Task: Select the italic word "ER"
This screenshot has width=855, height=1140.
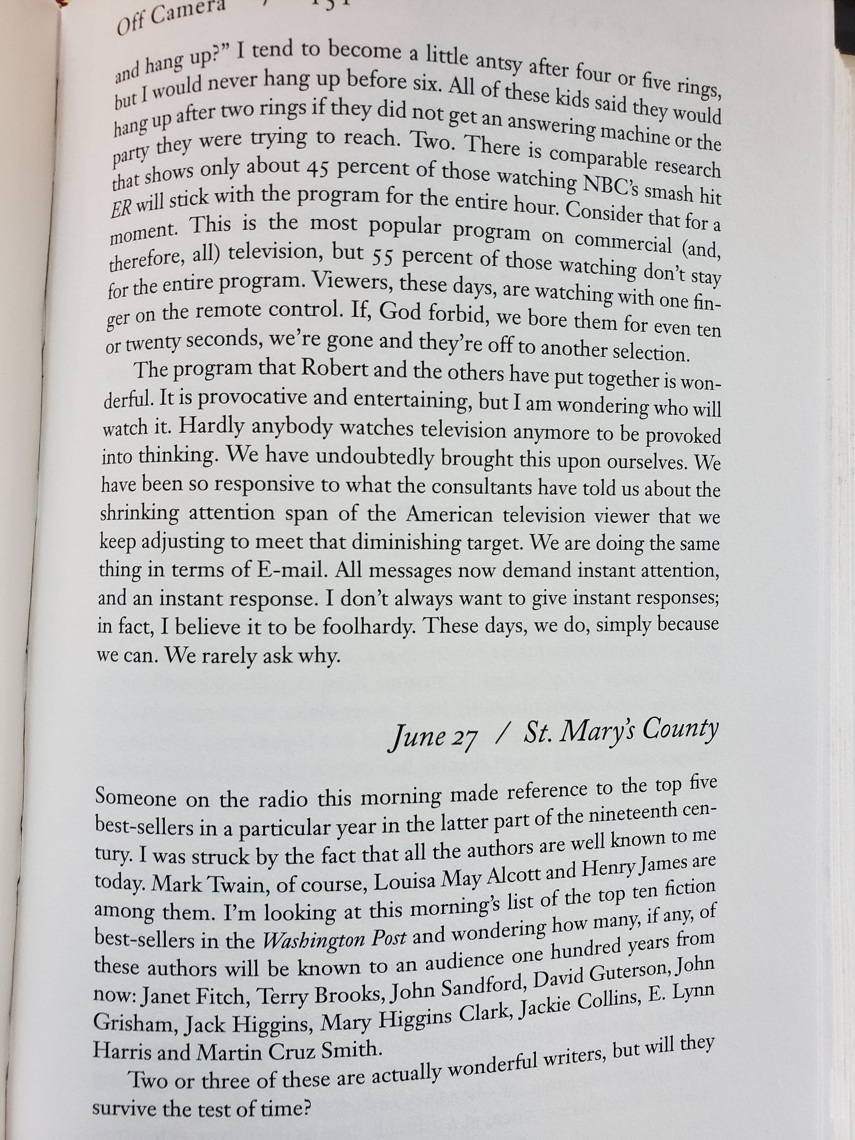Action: coord(122,206)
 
